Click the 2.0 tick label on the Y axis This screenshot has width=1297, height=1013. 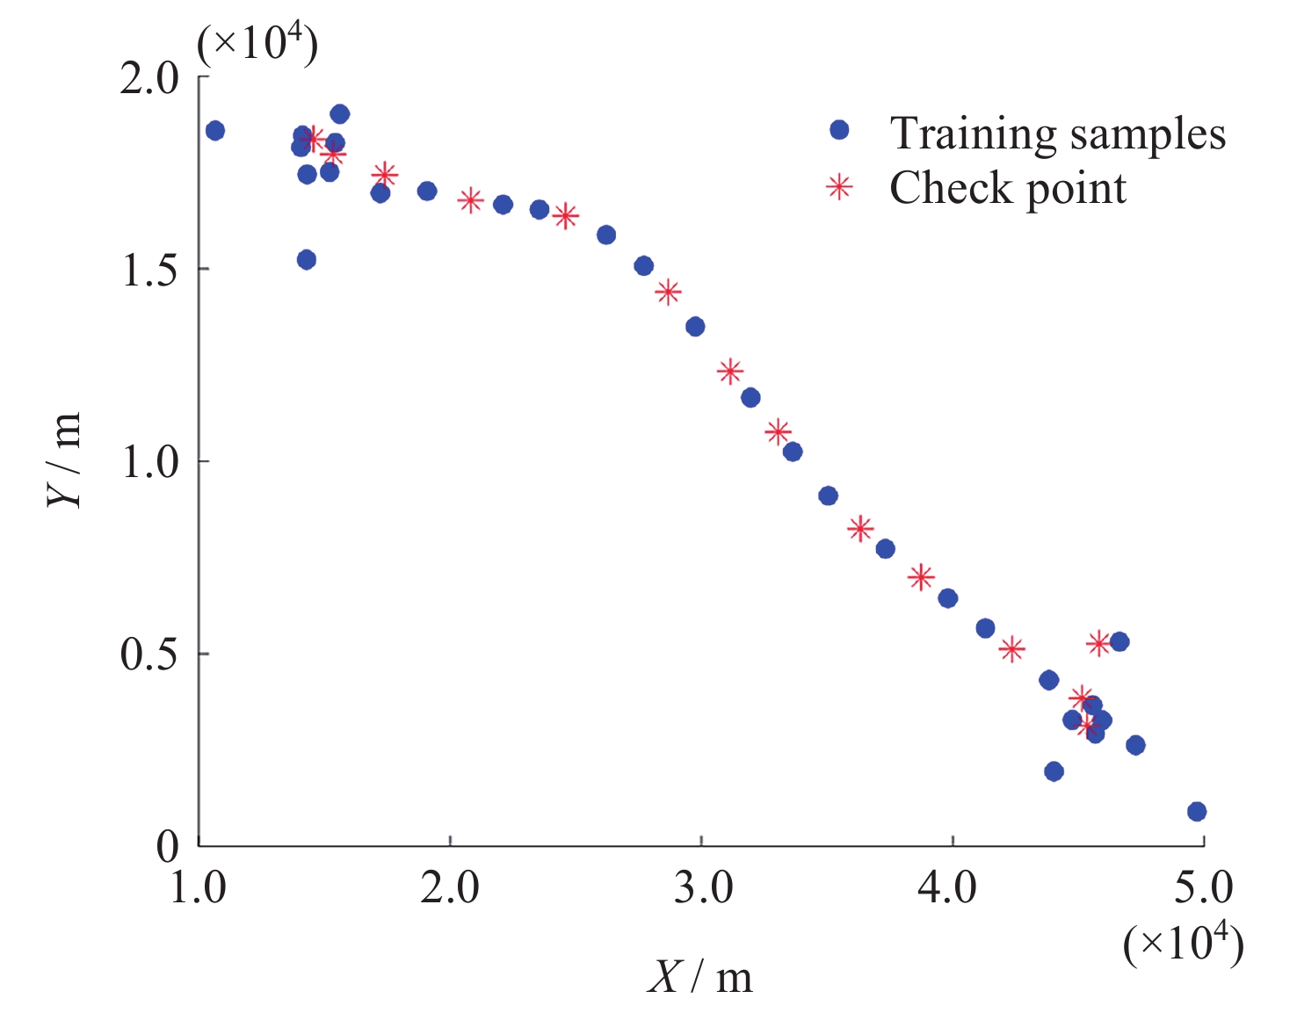149,79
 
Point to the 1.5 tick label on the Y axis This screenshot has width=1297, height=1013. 149,271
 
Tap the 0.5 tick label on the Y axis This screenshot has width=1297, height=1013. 149,655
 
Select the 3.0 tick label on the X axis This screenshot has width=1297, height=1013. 703,888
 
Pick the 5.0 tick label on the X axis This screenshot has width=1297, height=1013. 1204,888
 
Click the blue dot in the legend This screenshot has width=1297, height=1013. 839,130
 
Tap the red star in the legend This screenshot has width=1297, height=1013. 839,187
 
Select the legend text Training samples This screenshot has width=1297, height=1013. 1057,134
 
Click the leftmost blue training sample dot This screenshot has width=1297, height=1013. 215,131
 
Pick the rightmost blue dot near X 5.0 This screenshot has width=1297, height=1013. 1197,812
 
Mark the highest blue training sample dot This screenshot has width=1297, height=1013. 340,114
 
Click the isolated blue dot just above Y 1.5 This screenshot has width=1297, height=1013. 307,260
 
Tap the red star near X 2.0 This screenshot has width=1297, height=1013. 471,200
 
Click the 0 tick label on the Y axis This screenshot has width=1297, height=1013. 167,847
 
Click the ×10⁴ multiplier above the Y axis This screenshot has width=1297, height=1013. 257,44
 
